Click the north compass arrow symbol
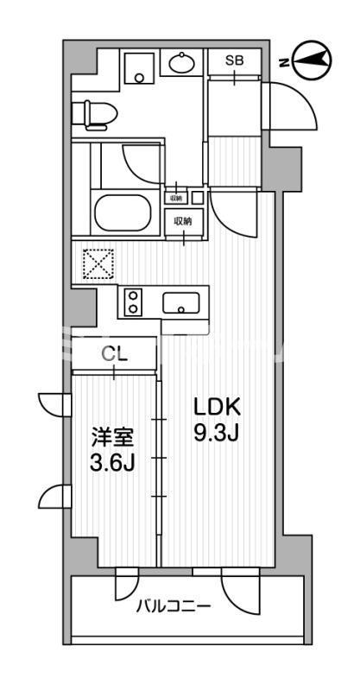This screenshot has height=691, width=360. click(x=313, y=59)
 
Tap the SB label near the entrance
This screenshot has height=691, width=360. click(x=233, y=60)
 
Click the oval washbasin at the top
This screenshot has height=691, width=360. click(x=181, y=63)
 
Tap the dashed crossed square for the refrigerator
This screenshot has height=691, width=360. click(x=97, y=263)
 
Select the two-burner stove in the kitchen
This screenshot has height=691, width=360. click(x=134, y=302)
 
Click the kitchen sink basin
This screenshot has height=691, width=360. click(x=181, y=302)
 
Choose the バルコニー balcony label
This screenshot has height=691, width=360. click(x=173, y=605)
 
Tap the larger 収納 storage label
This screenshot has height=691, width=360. click(x=183, y=221)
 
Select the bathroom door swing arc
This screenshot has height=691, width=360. click(x=142, y=162)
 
